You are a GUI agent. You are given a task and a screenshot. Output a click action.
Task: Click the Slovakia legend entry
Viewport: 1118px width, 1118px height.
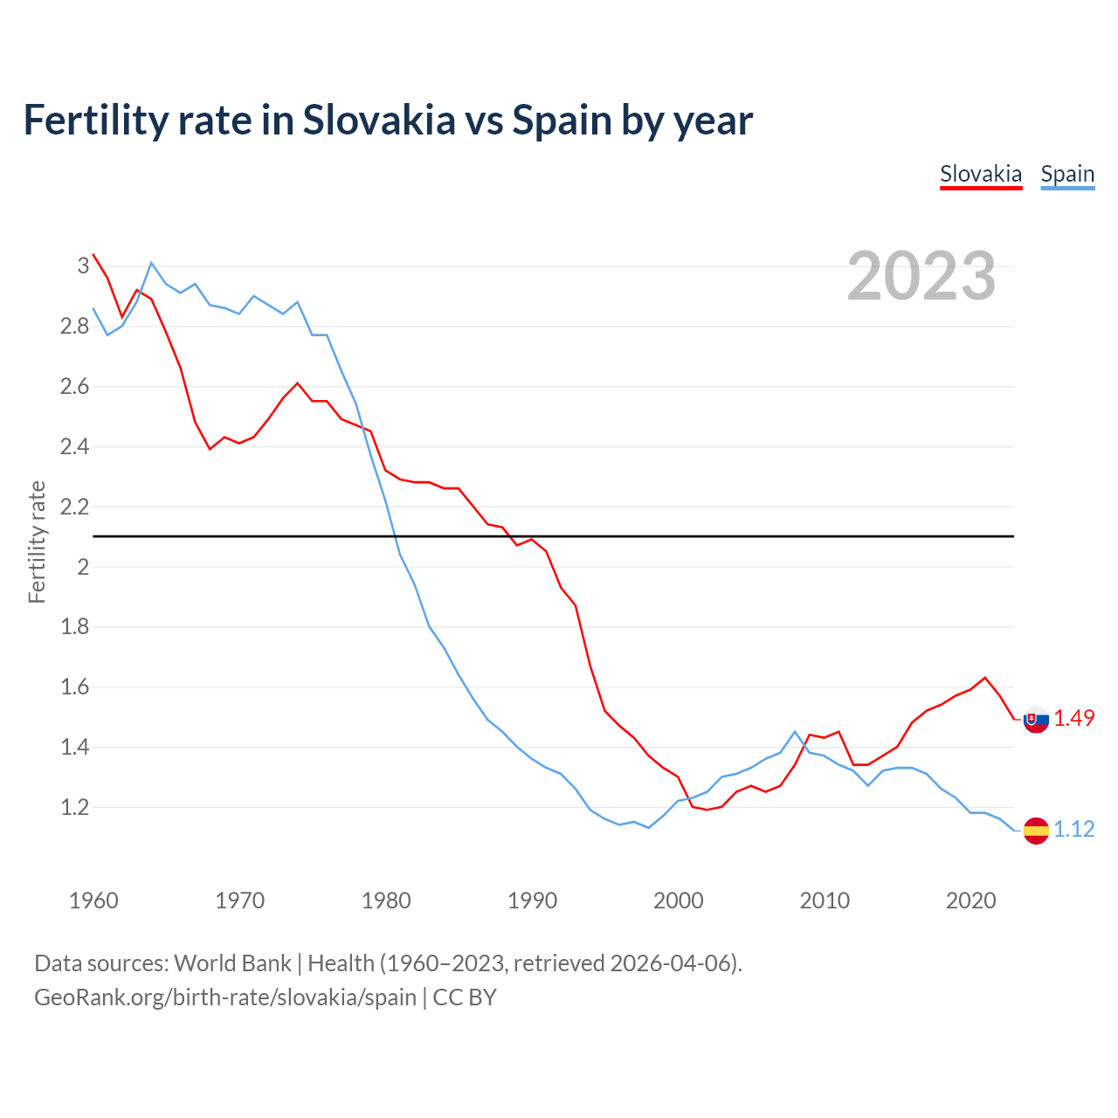tap(980, 174)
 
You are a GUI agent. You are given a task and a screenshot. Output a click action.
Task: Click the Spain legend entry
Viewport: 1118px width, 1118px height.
tap(1066, 174)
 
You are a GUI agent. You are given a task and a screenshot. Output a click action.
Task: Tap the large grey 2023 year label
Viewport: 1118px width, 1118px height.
tap(921, 276)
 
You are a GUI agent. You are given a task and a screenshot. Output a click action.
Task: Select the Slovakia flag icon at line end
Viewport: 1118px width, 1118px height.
tap(1036, 720)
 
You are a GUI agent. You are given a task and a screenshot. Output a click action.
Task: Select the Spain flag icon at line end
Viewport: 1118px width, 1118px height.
tap(1036, 830)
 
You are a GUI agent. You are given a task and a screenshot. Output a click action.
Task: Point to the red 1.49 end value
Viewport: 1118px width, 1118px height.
tap(1074, 718)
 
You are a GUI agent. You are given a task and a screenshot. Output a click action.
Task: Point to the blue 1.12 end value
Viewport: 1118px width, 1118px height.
tap(1074, 829)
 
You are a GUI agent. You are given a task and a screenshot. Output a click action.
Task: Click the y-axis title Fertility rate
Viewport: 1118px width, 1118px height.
tap(37, 542)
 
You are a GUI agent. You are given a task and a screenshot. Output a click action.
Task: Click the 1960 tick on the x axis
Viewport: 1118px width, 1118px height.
tap(93, 901)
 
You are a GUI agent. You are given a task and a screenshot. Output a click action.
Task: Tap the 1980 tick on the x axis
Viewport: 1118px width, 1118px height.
tap(386, 901)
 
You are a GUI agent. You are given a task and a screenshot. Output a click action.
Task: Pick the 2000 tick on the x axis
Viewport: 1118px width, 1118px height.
tap(678, 901)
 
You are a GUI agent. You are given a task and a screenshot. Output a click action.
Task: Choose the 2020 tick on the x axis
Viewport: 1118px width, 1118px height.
tap(970, 901)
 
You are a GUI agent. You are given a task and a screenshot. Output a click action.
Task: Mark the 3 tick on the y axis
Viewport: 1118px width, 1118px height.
tap(83, 266)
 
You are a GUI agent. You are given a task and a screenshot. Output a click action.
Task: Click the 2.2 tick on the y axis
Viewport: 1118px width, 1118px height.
tap(75, 507)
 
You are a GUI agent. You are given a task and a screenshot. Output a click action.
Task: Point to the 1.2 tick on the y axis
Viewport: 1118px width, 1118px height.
tap(75, 808)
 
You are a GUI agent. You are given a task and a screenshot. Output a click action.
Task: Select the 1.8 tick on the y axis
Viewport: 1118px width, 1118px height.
tap(75, 627)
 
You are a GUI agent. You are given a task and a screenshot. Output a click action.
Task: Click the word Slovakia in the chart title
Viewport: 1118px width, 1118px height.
tap(379, 120)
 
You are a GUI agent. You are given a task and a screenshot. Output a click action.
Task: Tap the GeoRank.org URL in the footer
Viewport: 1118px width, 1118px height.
tap(225, 997)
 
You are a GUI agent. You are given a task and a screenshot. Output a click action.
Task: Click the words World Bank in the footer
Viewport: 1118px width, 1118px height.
tap(232, 963)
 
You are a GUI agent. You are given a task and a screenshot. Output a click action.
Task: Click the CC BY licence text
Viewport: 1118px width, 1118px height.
tap(465, 997)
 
